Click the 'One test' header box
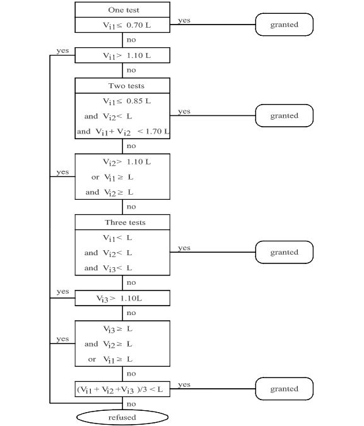pos(122,10)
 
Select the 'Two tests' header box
pos(122,86)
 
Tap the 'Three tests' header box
pos(122,222)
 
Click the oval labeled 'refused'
pos(122,417)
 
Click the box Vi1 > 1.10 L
pos(122,55)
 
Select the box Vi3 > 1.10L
pos(122,298)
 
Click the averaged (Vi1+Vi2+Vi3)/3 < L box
pos(122,389)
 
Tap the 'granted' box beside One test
pos(285,25)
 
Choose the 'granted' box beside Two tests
pos(285,115)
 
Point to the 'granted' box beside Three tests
pos(285,252)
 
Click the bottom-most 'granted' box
pos(285,389)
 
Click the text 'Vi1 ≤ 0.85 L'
pos(127,101)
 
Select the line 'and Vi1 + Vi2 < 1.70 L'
pos(123,132)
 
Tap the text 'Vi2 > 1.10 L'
pos(127,162)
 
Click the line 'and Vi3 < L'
pos(109,268)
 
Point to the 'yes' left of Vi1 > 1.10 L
pos(62,51)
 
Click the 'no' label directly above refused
pos(131,404)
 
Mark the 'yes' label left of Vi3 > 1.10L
pos(62,292)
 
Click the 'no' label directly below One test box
pos(131,40)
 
